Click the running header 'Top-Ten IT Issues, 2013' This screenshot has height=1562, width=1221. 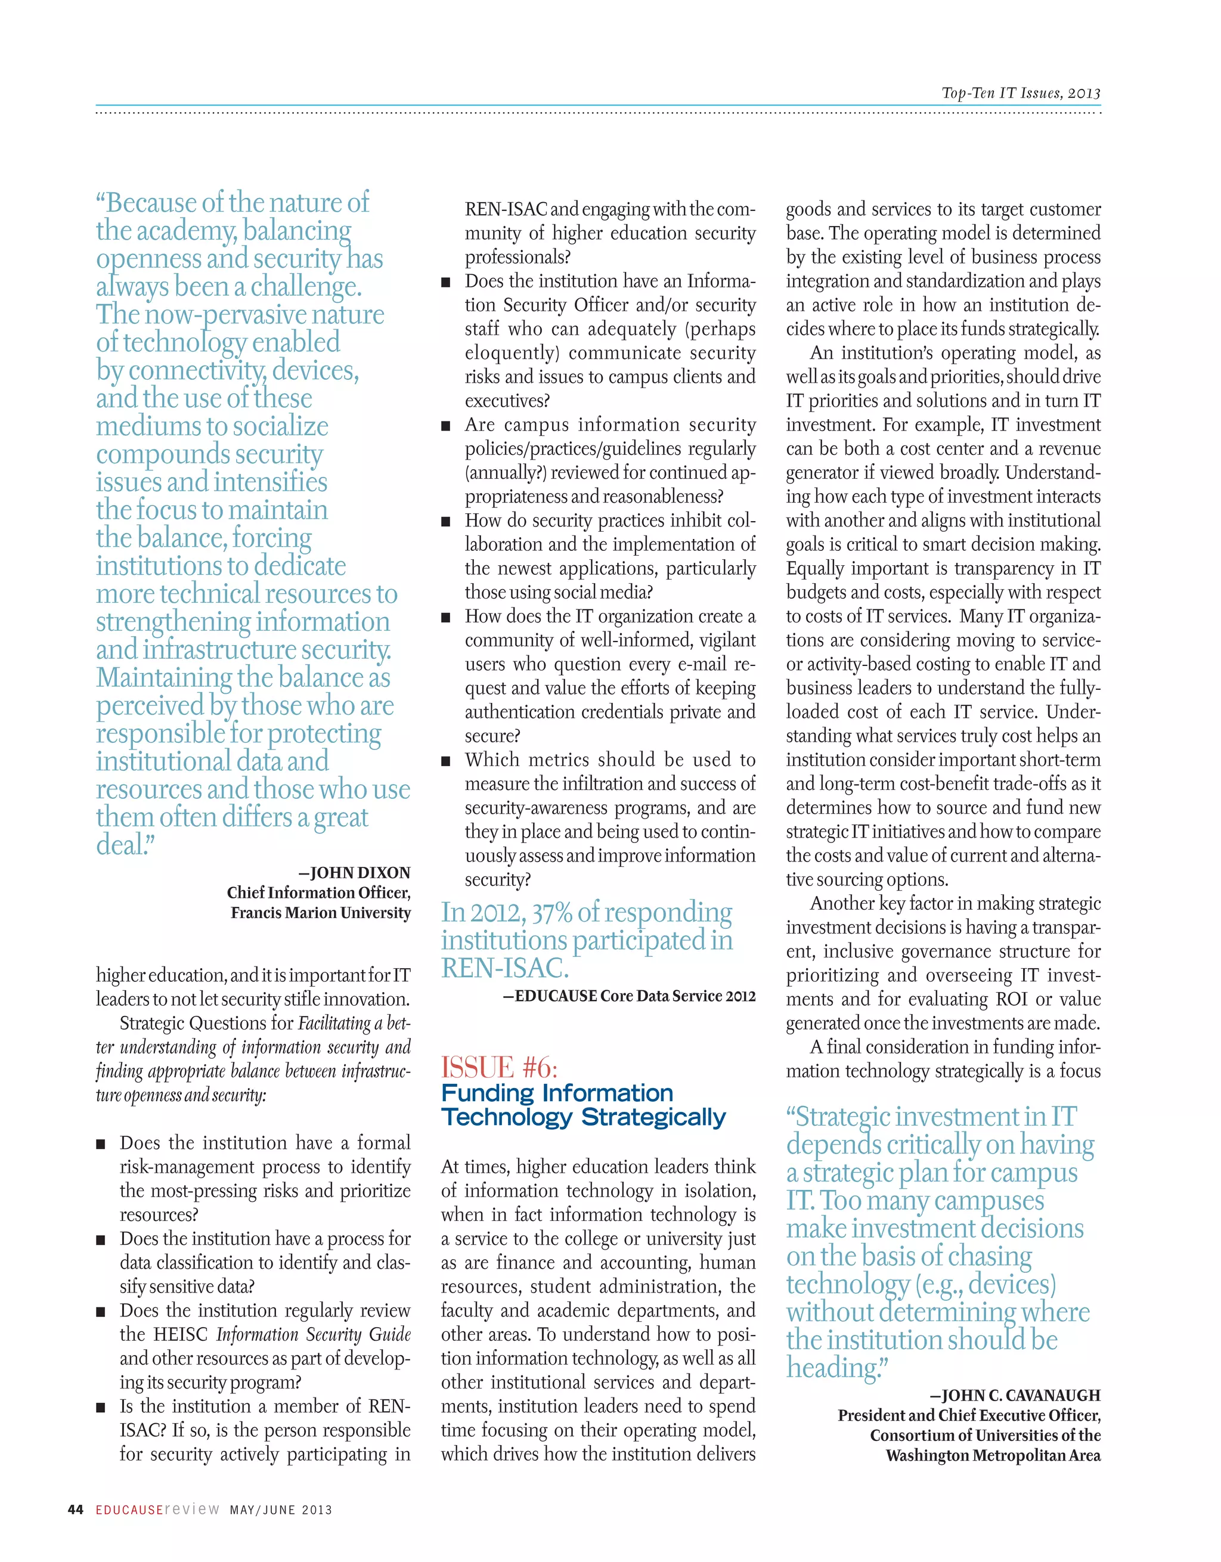(1021, 93)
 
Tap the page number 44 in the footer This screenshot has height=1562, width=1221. (75, 1510)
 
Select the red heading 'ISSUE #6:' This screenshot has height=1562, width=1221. (498, 1068)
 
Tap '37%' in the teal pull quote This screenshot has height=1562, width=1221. (551, 913)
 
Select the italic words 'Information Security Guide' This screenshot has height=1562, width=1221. (313, 1335)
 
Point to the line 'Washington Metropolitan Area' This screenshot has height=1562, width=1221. (993, 1455)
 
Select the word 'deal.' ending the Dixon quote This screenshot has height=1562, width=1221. (125, 845)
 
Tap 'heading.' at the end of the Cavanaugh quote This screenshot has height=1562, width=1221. (836, 1368)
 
